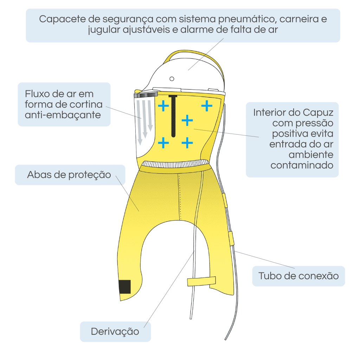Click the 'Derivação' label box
[x=115, y=332]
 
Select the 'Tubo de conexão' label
[x=298, y=276]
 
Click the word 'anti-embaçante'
[x=63, y=115]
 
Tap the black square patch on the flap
[x=125, y=287]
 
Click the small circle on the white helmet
[x=172, y=78]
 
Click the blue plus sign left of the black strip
[x=163, y=105]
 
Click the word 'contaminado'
[x=302, y=165]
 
